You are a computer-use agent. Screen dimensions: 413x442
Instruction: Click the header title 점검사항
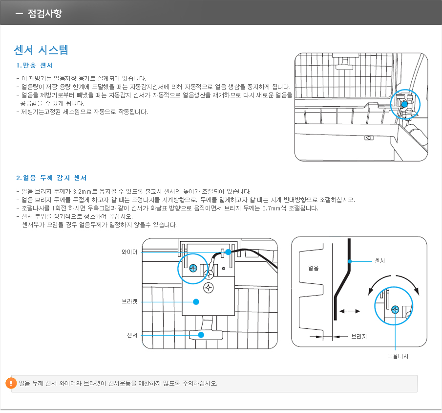(45, 13)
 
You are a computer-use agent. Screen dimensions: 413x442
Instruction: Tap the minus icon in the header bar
(19, 13)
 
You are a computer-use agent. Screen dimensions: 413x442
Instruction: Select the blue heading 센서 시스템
(42, 49)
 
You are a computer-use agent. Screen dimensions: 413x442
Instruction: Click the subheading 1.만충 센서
(35, 65)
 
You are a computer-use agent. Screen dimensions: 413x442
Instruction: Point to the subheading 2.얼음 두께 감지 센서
(51, 177)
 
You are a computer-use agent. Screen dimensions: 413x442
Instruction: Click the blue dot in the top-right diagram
(404, 104)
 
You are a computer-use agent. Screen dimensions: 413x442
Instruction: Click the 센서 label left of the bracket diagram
(132, 335)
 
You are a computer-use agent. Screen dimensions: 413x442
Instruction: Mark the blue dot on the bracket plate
(196, 302)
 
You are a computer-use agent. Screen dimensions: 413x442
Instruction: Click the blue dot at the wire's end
(228, 252)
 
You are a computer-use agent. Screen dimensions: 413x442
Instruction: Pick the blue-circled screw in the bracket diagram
(193, 268)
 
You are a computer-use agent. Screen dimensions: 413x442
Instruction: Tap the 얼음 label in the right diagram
(314, 268)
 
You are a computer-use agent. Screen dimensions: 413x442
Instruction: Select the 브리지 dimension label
(359, 337)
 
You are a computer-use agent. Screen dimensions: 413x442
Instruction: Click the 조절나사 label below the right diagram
(397, 356)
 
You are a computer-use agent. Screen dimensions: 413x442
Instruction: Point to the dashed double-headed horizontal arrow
(349, 311)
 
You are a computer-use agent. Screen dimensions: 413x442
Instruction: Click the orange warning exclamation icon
(11, 383)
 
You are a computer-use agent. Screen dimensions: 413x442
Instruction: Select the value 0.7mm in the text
(271, 208)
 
